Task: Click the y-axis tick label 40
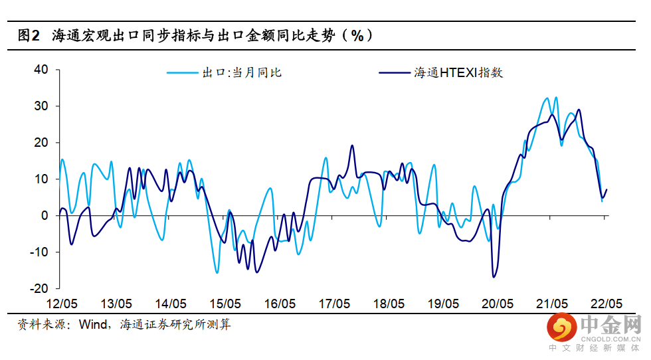pos(41,70)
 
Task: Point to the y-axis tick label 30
pos(41,106)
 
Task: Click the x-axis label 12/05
pos(61,304)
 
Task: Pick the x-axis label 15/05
pos(225,304)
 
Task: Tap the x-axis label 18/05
pos(389,304)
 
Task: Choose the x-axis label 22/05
pos(608,304)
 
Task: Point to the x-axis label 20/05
pos(498,304)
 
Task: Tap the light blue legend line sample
pos(182,72)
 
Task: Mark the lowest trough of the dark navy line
pos(494,277)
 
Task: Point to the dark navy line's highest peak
pos(579,110)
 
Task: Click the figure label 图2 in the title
pos(31,36)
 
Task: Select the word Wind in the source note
pos(94,325)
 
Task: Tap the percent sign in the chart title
pos(357,36)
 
